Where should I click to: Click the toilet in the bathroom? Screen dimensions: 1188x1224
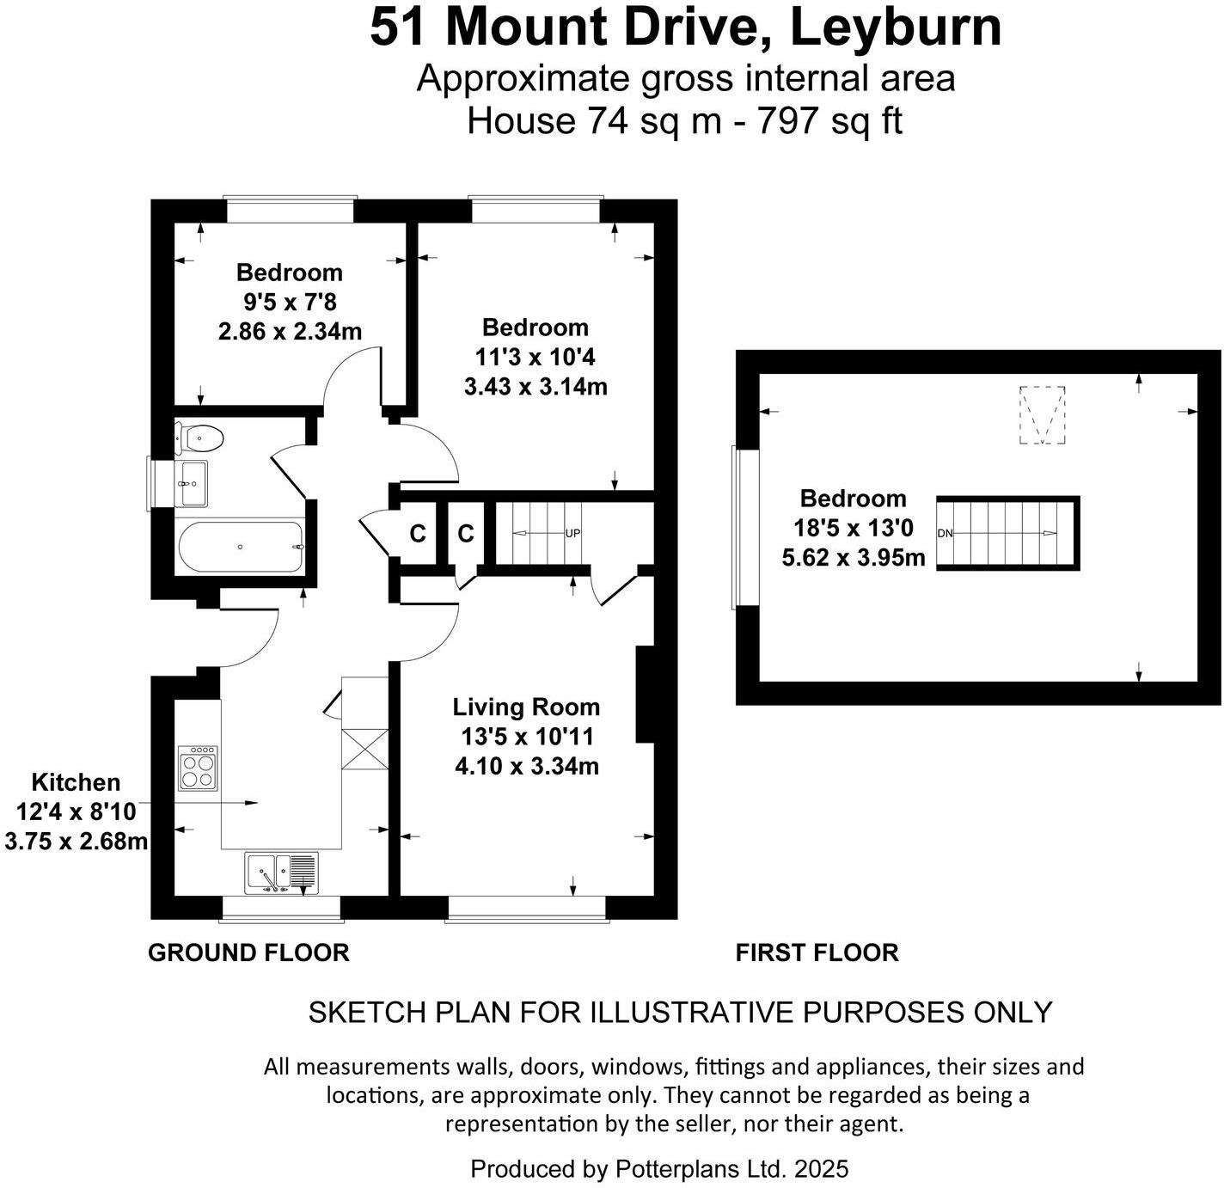tap(199, 438)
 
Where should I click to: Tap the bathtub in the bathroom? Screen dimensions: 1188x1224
tap(240, 547)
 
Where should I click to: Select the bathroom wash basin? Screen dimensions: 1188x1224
tap(192, 484)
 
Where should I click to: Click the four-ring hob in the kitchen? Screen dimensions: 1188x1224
tap(198, 768)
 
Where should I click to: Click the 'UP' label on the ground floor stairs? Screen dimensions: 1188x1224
tap(572, 533)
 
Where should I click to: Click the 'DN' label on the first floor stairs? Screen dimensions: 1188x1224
tap(946, 533)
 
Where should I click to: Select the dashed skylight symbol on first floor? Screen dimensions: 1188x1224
tap(1042, 415)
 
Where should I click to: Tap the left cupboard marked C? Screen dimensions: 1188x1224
tap(418, 534)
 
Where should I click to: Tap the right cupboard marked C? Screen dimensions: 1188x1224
tap(465, 534)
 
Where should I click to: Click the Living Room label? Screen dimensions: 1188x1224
tap(526, 707)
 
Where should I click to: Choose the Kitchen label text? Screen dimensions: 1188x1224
tap(76, 782)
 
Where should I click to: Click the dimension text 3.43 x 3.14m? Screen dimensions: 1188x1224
tap(535, 387)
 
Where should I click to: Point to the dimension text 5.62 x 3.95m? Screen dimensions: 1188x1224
tap(853, 558)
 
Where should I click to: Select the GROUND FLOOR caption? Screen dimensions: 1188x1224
tap(248, 952)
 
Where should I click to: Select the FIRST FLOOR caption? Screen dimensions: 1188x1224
tap(817, 952)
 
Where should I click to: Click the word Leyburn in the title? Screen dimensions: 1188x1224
tap(895, 28)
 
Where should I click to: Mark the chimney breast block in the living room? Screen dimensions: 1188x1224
tap(645, 694)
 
